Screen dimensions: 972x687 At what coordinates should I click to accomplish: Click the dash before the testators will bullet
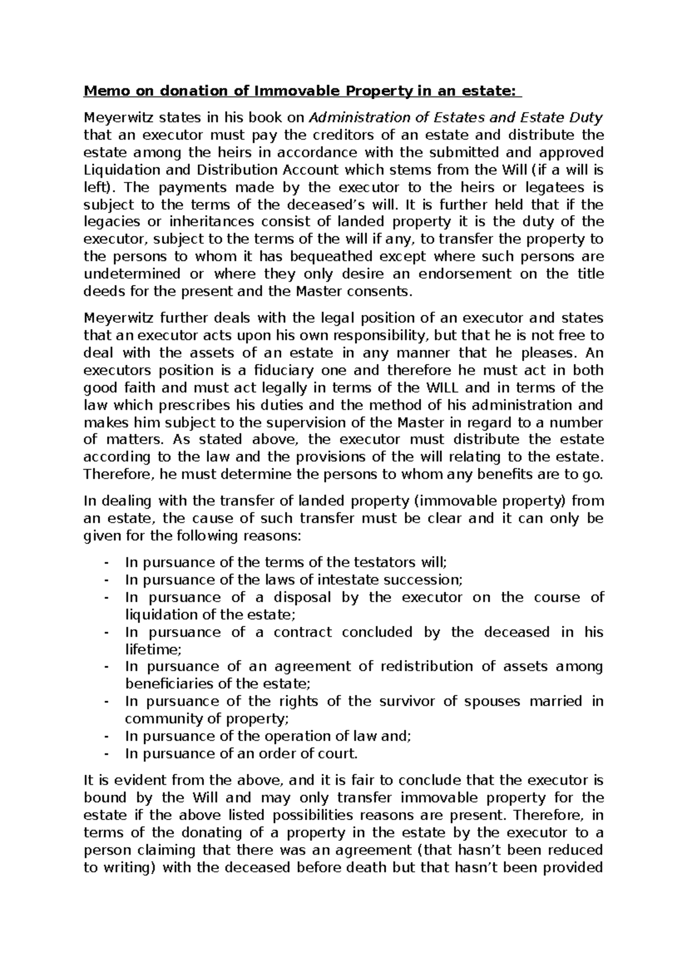click(106, 563)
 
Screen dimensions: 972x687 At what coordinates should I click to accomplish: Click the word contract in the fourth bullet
click(302, 632)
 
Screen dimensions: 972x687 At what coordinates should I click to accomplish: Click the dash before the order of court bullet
click(106, 753)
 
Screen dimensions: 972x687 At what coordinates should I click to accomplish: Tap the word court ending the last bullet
click(339, 753)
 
